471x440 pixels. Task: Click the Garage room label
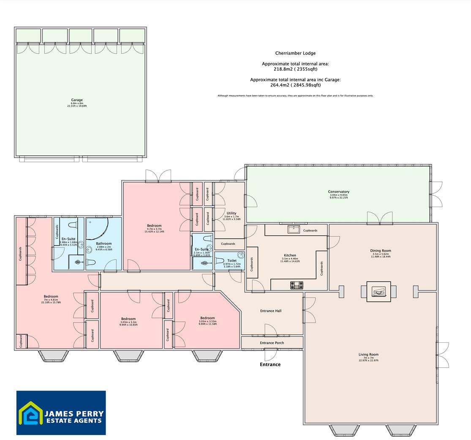coord(77,100)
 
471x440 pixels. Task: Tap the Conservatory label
coord(338,192)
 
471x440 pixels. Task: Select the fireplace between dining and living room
coord(378,292)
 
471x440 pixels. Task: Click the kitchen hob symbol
coord(297,285)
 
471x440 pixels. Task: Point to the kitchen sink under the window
coord(292,230)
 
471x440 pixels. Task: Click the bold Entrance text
coord(270,364)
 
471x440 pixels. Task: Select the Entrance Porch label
coord(272,343)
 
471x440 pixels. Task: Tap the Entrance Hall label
coord(271,311)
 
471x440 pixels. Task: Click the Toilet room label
coord(231,261)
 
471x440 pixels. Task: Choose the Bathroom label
coord(103,243)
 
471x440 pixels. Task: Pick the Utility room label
coord(231,213)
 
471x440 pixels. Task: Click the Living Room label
coord(368,355)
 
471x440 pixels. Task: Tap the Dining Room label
coord(381,251)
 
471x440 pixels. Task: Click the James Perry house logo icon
coord(31,413)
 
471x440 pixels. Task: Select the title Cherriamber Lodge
coord(295,53)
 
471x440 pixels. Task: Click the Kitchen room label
coord(290,255)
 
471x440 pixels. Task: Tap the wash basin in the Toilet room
coord(240,255)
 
